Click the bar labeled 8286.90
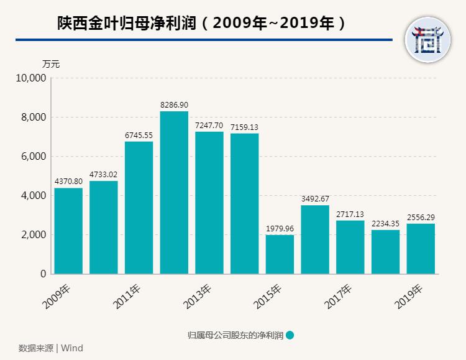point(174,193)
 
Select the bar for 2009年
point(68,231)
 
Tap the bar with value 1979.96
point(280,254)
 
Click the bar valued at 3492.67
point(315,239)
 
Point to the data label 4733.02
point(103,175)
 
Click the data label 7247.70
point(209,126)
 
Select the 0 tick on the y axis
point(43,274)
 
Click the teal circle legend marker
point(290,335)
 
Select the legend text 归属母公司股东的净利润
point(235,335)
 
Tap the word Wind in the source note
point(71,348)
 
